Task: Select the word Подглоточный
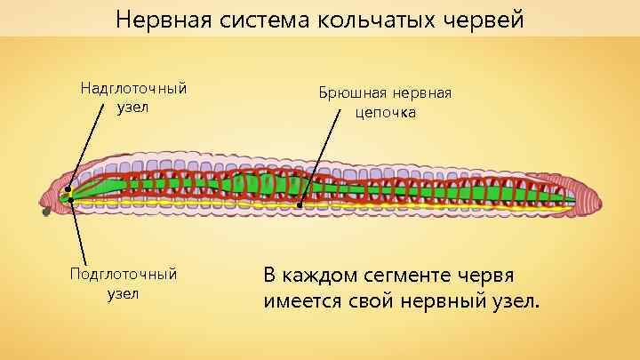pos(124,274)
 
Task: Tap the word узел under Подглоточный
pos(124,293)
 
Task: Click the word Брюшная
pos(351,93)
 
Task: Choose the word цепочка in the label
pos(385,113)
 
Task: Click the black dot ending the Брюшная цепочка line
pos(300,205)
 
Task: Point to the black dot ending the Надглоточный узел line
pos(68,189)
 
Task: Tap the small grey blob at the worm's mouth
pos(46,212)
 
